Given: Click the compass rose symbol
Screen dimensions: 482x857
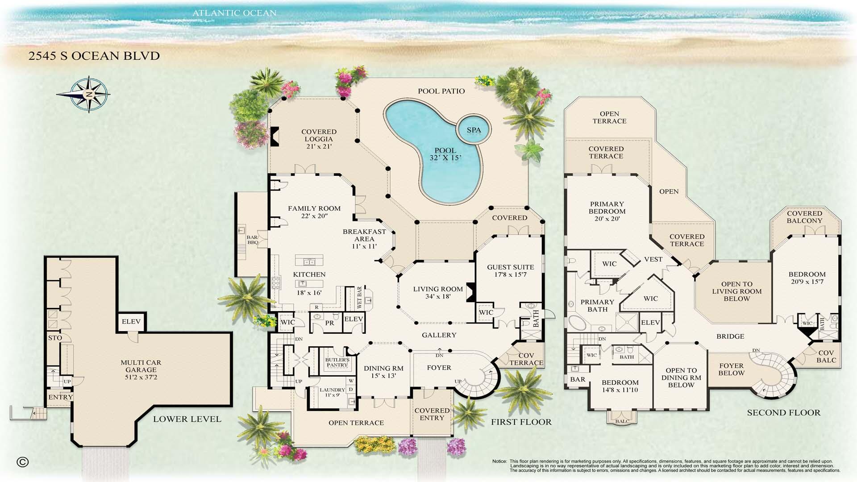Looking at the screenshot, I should (x=89, y=94).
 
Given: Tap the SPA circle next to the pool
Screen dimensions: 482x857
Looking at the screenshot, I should (x=474, y=130).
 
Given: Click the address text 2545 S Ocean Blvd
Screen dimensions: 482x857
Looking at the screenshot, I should (x=94, y=56).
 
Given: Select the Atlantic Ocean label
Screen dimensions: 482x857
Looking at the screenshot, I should (x=234, y=13).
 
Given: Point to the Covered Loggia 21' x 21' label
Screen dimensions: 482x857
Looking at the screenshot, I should (x=319, y=139).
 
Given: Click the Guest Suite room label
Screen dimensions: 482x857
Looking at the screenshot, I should (x=510, y=270).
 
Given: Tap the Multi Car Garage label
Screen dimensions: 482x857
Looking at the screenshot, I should (x=141, y=370).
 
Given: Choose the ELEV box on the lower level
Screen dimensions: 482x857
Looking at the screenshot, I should (x=131, y=321).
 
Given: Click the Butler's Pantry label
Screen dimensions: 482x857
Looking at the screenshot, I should (x=337, y=362).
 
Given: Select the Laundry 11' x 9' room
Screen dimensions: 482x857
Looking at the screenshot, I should (x=332, y=392).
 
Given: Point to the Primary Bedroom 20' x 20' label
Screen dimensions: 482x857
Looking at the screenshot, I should (x=607, y=211).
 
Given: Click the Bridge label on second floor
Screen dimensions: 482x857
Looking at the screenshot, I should (x=730, y=336).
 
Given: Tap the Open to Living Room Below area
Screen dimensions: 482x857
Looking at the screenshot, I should (x=736, y=291).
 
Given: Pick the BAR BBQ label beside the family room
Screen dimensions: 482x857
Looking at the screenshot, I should (x=253, y=240).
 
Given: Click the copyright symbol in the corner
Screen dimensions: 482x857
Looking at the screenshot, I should (x=22, y=462).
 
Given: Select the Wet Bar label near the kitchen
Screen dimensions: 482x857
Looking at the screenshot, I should (x=360, y=297).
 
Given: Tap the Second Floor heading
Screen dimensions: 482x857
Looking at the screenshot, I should (x=783, y=412).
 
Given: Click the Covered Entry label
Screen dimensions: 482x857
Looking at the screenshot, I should (x=432, y=414).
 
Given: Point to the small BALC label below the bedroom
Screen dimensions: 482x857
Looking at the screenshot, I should (x=622, y=421).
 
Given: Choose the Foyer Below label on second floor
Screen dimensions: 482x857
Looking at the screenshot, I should (x=731, y=369).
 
